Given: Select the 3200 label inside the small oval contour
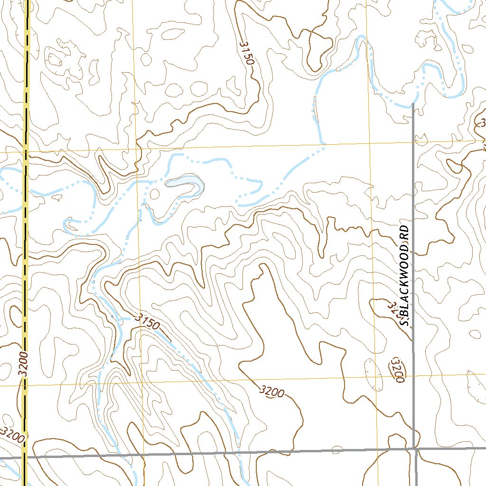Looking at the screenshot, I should point(398,370).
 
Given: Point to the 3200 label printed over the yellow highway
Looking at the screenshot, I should point(25,364).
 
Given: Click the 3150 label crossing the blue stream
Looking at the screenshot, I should point(146,321).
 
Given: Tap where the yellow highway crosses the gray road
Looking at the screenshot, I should point(24,457).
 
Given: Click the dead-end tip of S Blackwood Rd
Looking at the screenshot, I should point(413,104).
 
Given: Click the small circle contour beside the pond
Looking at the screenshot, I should point(154,193).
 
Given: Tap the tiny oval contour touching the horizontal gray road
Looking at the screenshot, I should point(337,449).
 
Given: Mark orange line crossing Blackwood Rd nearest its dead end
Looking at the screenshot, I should point(414,141).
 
